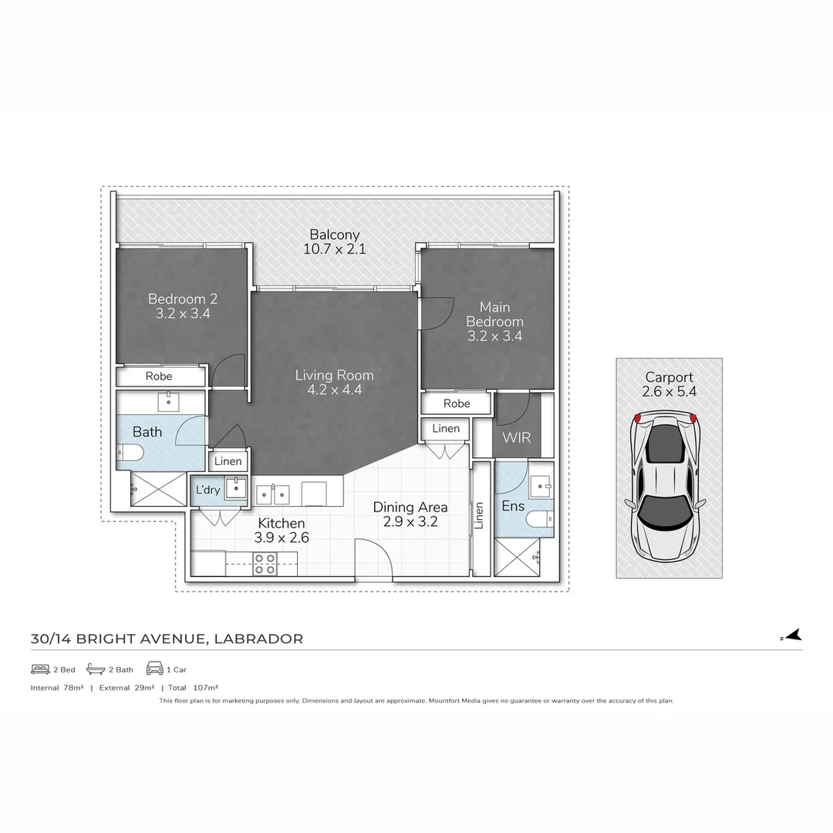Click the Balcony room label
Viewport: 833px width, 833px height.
tap(334, 234)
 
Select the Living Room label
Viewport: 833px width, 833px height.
tap(334, 376)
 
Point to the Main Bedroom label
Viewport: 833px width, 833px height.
tap(494, 314)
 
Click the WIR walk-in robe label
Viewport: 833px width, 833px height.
tap(516, 437)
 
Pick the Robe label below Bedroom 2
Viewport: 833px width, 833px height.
tap(159, 376)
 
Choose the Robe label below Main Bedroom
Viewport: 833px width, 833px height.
tap(457, 403)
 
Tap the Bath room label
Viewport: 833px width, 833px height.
tap(147, 432)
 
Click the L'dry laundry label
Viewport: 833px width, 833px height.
tap(207, 490)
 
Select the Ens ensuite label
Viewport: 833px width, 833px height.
tap(512, 507)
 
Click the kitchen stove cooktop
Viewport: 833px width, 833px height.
tap(265, 564)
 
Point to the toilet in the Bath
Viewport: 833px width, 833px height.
tap(129, 454)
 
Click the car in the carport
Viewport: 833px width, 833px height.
tap(665, 489)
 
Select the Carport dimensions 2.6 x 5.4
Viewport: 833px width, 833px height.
tap(669, 392)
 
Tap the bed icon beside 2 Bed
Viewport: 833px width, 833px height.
tap(40, 669)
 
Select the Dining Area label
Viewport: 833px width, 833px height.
tap(410, 508)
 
